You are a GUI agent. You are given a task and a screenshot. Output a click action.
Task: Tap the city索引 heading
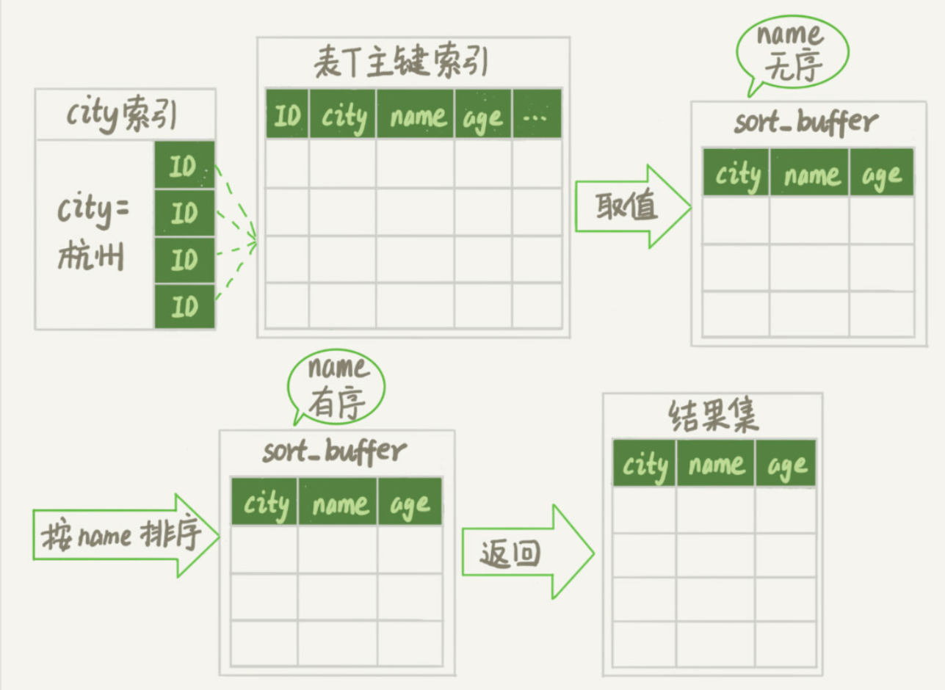click(123, 115)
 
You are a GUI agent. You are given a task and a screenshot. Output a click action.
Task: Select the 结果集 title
click(713, 417)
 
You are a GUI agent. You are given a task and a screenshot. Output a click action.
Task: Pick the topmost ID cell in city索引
click(184, 166)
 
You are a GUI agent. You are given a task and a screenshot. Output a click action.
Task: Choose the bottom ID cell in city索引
click(184, 306)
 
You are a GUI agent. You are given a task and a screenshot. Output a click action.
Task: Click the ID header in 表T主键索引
click(287, 115)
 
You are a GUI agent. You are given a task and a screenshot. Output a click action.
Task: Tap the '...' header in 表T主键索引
click(536, 115)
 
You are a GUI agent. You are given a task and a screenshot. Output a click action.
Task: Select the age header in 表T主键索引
click(482, 115)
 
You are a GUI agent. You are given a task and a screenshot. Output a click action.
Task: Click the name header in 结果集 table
click(715, 463)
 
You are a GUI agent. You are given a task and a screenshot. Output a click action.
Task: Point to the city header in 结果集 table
click(644, 463)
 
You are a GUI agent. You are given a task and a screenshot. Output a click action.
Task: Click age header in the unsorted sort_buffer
click(881, 172)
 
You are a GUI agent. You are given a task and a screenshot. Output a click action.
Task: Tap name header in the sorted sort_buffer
click(338, 502)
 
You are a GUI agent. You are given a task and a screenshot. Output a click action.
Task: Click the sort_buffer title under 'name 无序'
click(805, 122)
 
